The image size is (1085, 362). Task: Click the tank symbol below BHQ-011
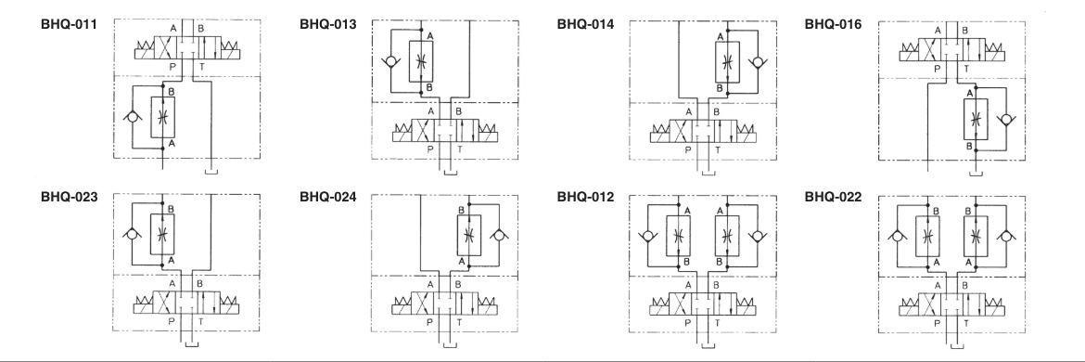coord(212,169)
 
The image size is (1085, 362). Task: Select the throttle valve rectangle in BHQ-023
coord(163,233)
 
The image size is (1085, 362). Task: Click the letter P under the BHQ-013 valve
coord(428,149)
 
